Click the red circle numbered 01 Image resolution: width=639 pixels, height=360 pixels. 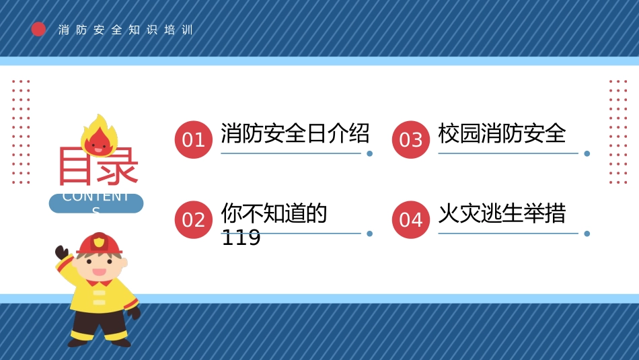click(x=194, y=139)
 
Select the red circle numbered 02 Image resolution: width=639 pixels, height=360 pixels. click(x=194, y=219)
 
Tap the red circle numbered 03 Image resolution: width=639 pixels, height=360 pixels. click(x=411, y=139)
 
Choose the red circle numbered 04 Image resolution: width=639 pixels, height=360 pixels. click(x=411, y=219)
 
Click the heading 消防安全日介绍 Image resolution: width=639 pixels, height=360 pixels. click(x=295, y=133)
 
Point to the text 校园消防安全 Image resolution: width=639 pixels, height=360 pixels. click(x=502, y=133)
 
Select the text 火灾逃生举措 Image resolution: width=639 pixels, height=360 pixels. click(x=502, y=214)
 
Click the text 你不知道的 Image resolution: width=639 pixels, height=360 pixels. click(x=274, y=214)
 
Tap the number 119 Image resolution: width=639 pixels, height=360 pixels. click(x=241, y=238)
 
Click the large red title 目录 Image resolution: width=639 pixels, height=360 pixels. click(x=98, y=166)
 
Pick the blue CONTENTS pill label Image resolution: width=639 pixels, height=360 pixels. click(x=96, y=203)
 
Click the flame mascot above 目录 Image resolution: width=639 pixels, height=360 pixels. click(x=100, y=136)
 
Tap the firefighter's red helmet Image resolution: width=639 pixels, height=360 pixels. click(x=100, y=244)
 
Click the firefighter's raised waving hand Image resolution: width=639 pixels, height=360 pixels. click(x=62, y=254)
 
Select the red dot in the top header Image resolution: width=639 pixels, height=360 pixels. click(x=39, y=29)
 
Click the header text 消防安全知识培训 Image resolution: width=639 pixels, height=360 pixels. click(x=126, y=30)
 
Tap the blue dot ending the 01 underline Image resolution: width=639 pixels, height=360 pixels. click(x=369, y=153)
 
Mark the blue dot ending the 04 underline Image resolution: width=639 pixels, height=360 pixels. click(x=587, y=233)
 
